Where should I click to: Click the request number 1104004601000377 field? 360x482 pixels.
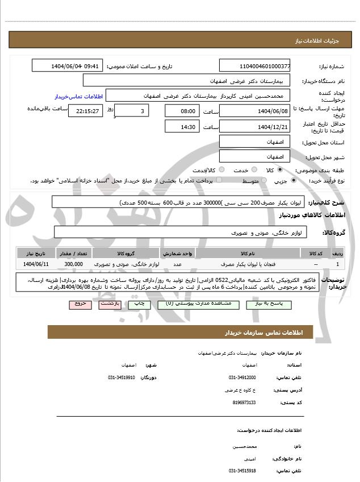click(255, 66)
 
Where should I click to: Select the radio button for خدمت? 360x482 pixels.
click(253, 170)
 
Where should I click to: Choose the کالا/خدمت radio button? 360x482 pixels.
click(221, 170)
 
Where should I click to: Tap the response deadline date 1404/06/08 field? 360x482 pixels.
click(255, 111)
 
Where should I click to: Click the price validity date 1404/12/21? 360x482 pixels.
click(255, 127)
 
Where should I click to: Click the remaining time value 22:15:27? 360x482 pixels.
click(86, 111)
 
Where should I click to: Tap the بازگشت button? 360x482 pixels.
click(108, 304)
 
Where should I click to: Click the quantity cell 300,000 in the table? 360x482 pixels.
click(74, 264)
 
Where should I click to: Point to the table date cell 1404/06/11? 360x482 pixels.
click(37, 264)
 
